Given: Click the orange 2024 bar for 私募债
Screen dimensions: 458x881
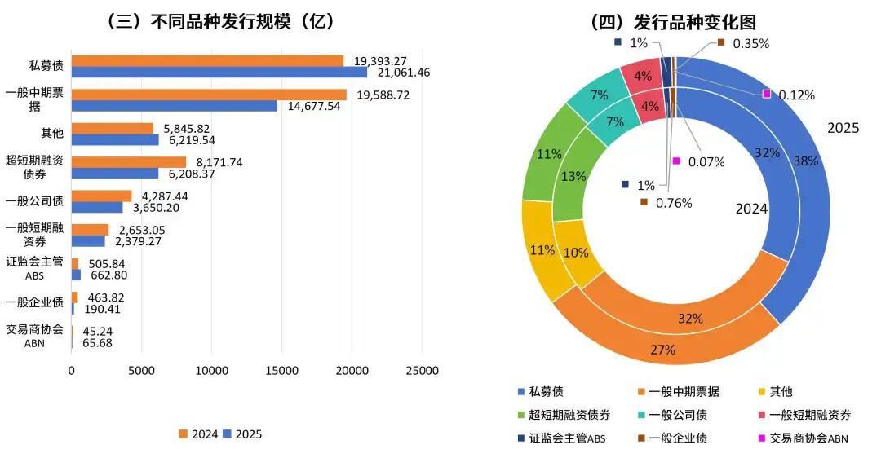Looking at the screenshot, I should click(207, 60).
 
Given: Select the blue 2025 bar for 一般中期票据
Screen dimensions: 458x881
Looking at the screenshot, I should click(175, 106).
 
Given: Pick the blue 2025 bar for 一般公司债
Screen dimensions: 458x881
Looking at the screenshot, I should click(97, 207).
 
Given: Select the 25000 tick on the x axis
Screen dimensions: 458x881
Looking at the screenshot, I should click(422, 371).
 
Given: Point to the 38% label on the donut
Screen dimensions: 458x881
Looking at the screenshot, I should click(806, 161).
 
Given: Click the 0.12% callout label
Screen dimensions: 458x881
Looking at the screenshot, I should click(796, 95).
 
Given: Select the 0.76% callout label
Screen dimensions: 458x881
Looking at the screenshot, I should click(673, 203).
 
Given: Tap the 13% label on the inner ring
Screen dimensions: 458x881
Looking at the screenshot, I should click(575, 178).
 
